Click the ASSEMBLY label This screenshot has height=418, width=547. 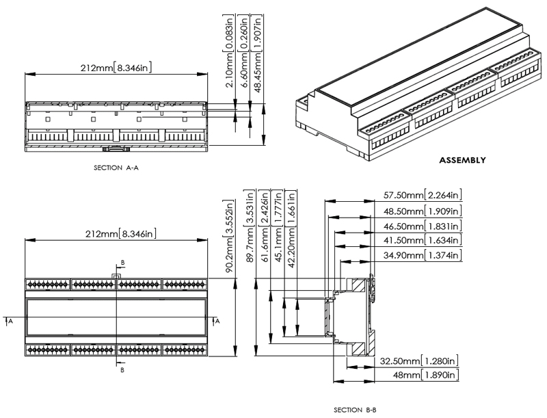462,160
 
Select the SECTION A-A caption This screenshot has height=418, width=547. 116,168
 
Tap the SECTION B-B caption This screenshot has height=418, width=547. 355,410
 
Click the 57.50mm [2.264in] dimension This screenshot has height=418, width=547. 423,195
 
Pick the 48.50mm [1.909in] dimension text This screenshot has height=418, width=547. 423,211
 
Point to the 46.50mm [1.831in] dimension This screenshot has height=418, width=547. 423,226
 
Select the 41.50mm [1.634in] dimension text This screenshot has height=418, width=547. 423,240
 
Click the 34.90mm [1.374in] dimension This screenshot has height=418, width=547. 423,255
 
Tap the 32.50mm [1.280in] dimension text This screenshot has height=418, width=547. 419,361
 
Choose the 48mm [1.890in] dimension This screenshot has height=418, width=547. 425,375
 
